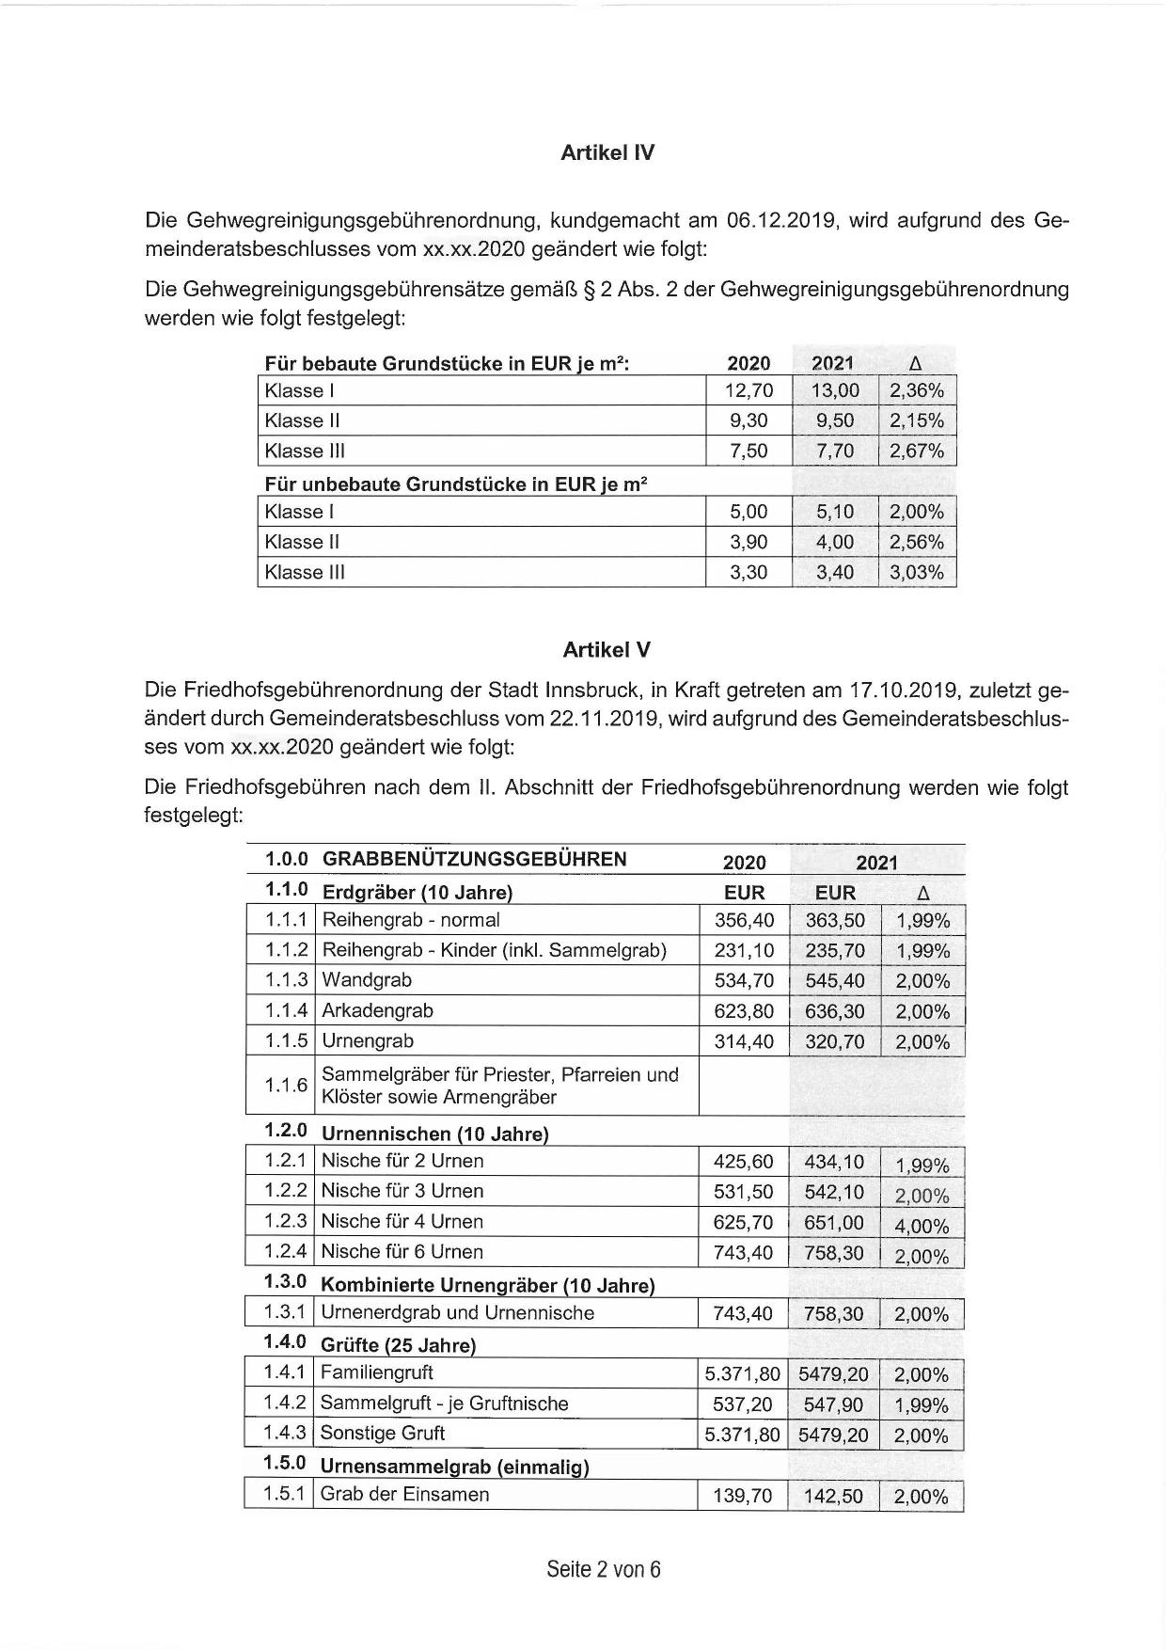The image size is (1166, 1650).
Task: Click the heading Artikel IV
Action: [x=607, y=153]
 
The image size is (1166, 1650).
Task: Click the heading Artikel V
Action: [x=607, y=650]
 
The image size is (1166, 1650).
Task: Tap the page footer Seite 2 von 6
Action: [x=604, y=1569]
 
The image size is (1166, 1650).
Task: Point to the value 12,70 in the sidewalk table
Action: [x=748, y=391]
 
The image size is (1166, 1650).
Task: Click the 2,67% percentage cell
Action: [x=917, y=452]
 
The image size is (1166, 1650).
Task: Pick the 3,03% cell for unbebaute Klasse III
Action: [x=917, y=572]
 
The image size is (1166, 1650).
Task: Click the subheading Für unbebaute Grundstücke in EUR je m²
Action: [x=456, y=484]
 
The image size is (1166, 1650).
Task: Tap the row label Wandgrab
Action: [x=367, y=980]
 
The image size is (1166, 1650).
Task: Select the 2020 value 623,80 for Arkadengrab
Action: [x=744, y=1011]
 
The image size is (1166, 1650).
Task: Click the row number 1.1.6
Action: [x=286, y=1086]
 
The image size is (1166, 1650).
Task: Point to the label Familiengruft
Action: [x=376, y=1373]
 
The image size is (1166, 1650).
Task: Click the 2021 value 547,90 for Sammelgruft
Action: [x=834, y=1404]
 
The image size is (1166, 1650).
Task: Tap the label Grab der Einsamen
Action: [x=404, y=1495]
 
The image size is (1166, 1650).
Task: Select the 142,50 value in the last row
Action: [x=834, y=1497]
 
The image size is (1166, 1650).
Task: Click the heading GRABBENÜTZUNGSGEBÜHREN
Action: [x=474, y=859]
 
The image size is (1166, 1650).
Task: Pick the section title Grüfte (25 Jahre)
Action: [x=398, y=1345]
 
